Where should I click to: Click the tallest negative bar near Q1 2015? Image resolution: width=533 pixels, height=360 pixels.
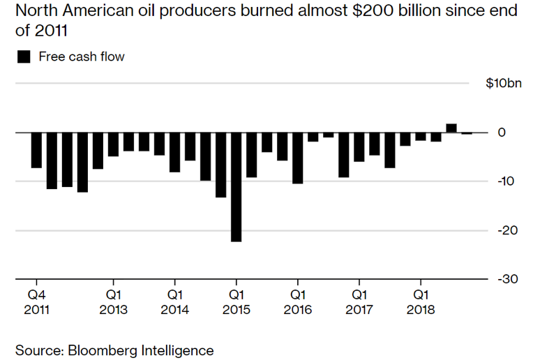237,187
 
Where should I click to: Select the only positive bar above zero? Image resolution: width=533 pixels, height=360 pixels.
451,128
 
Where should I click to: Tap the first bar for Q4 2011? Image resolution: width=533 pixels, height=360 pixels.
36,150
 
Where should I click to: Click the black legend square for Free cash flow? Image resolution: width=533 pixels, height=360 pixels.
24,57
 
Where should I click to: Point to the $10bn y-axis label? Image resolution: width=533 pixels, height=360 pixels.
504,84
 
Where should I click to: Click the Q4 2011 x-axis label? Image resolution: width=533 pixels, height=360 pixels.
36,301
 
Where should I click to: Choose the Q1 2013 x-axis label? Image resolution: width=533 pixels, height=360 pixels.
113,301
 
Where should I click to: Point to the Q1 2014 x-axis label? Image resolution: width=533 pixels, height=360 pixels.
174,301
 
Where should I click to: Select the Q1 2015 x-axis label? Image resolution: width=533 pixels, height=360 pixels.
236,301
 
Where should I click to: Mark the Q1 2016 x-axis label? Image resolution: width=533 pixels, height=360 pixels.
297,301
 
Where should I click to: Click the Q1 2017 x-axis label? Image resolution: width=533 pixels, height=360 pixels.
359,301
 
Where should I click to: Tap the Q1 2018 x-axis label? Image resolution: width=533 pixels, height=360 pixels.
420,301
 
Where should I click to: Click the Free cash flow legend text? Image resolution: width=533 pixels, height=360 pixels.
82,57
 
